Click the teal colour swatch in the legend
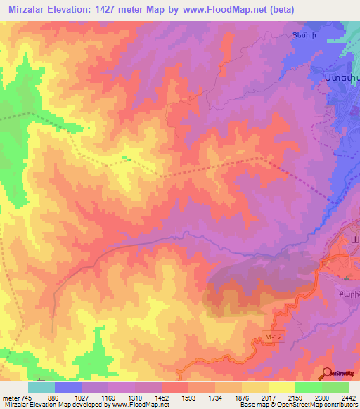click(41, 387)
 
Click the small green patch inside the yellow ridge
click(125, 157)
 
